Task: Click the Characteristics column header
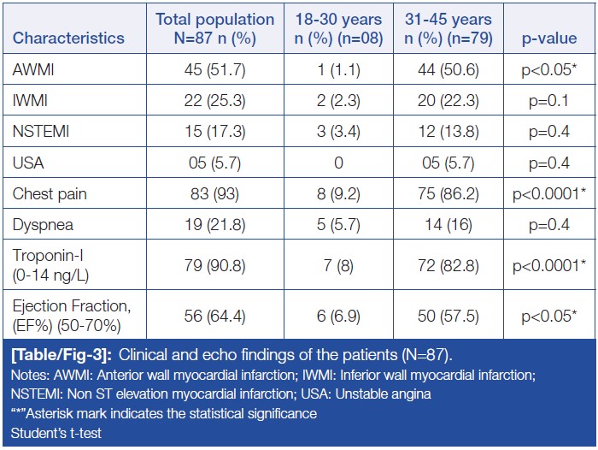coord(69,38)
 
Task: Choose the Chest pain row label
coord(50,193)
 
